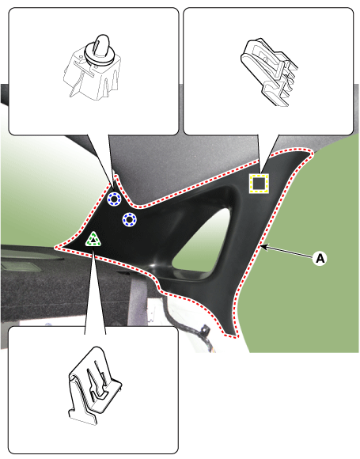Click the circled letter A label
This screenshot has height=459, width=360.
click(320, 259)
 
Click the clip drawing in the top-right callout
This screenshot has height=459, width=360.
click(269, 71)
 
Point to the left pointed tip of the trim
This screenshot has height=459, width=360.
click(55, 248)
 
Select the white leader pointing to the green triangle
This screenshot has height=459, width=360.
click(95, 290)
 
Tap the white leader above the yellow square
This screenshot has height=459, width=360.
click(268, 154)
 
